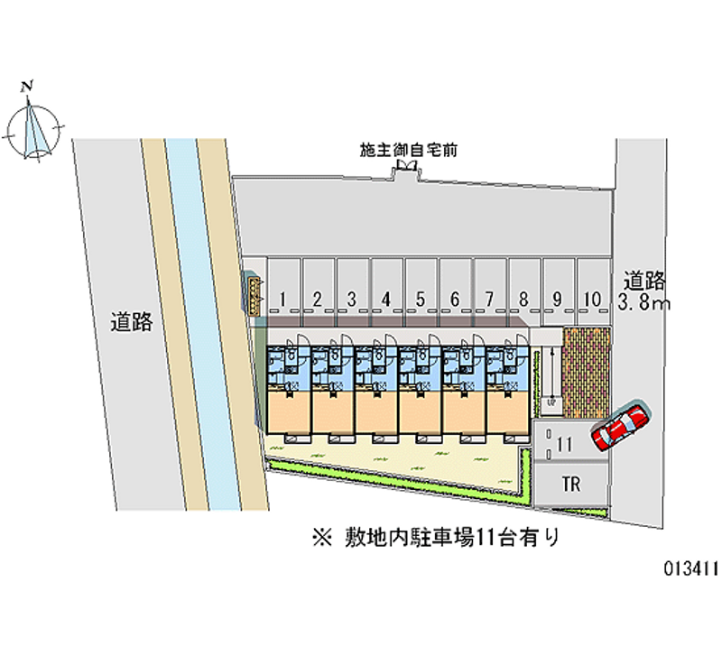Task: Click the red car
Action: tap(620, 425)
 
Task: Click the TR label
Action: tap(570, 485)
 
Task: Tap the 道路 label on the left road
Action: tap(132, 322)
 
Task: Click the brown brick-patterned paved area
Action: tap(585, 371)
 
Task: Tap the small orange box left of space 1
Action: tap(255, 293)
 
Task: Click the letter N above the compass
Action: tap(29, 87)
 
